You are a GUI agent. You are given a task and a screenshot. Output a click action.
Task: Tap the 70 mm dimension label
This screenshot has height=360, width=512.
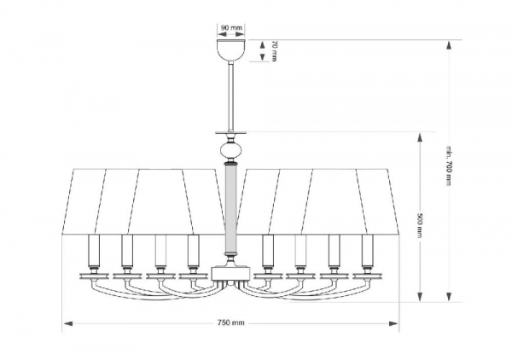[275, 51]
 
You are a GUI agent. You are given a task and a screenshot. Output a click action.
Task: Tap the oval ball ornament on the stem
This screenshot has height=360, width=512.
[229, 152]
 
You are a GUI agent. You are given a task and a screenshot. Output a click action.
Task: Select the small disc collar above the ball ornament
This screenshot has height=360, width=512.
[229, 133]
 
